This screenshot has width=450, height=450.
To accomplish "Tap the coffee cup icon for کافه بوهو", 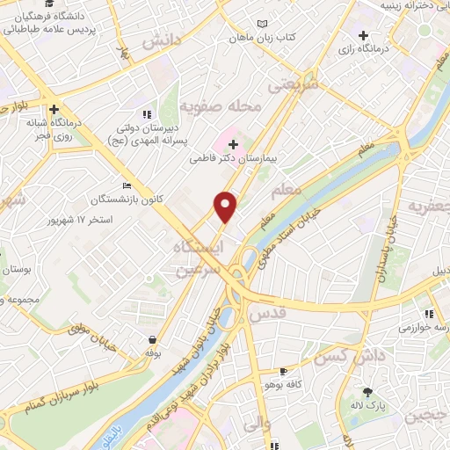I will coord(283,372).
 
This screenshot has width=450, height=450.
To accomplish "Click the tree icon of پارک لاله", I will coord(367,392).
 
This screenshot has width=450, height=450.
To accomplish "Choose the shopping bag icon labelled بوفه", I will coord(154,339).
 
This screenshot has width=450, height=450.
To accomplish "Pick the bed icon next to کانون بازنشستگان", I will coord(127,185).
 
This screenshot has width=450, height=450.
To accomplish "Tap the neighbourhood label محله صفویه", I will coord(221,106).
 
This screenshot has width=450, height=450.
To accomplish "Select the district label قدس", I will coord(269,312).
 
